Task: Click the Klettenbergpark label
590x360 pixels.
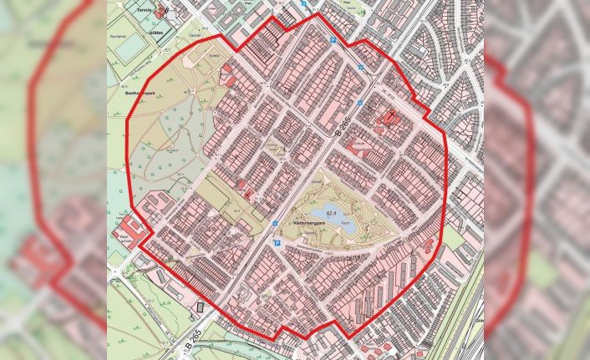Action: (x=309, y=224)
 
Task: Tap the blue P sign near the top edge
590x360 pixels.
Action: (x=336, y=40)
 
